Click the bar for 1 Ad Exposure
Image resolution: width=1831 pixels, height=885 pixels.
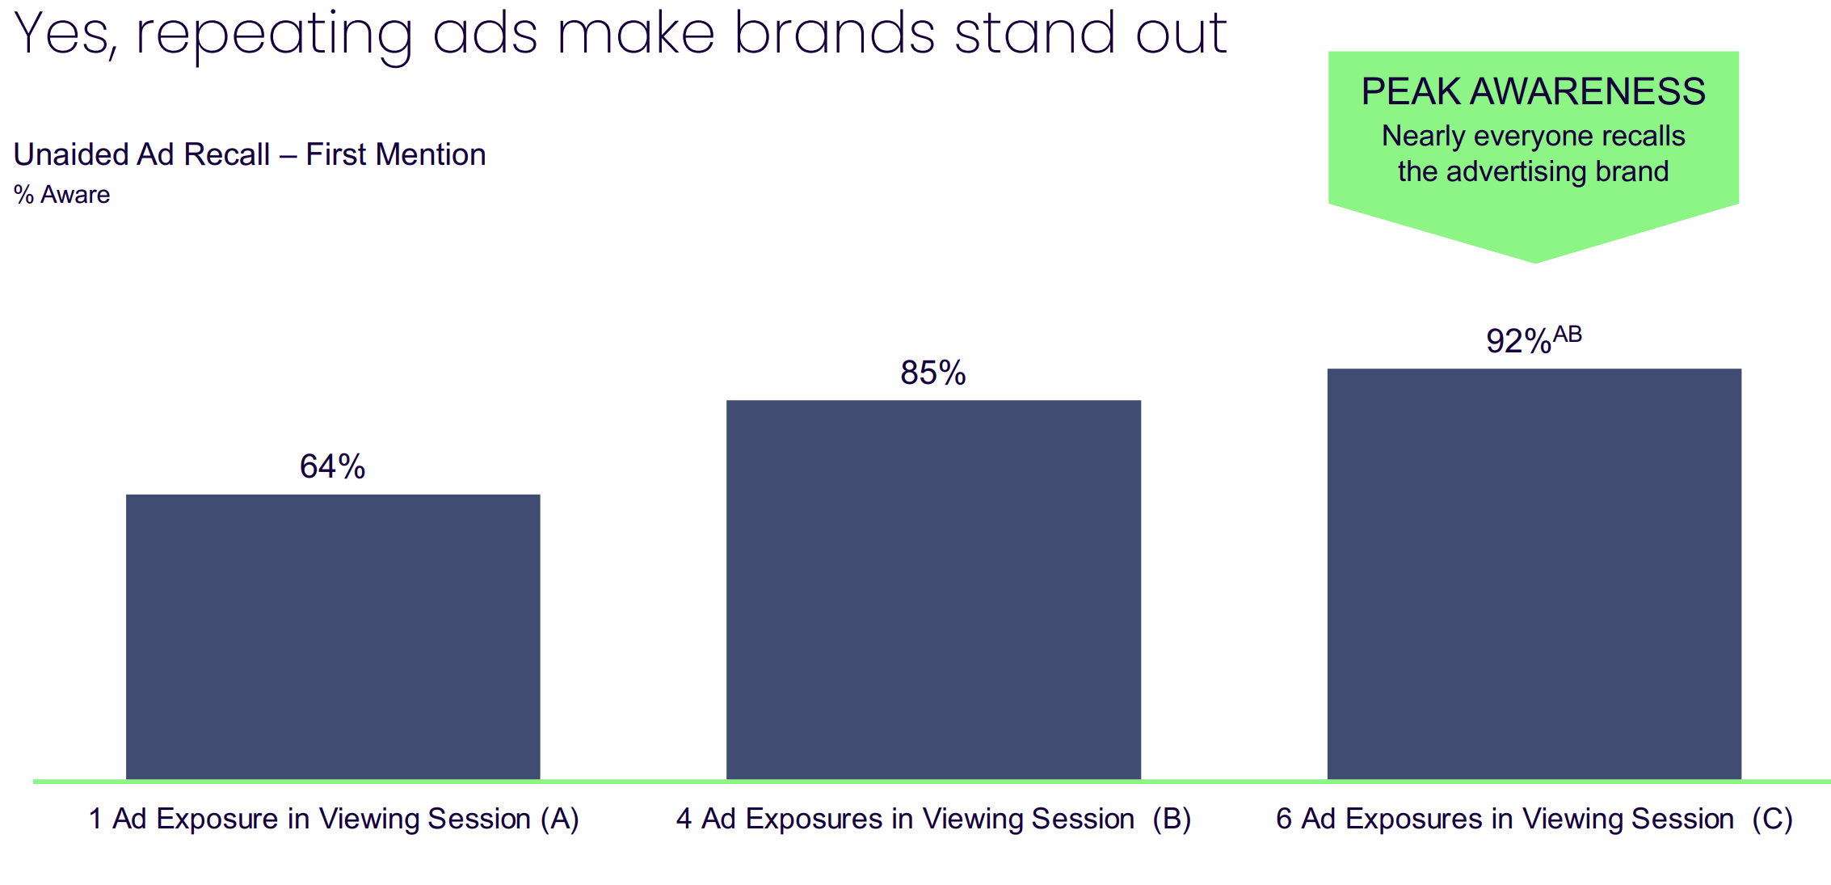[333, 637]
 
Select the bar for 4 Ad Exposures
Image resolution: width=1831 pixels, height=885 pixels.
[933, 590]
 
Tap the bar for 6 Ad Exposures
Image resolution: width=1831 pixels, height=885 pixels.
[1534, 574]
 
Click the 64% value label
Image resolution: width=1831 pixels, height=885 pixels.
[332, 466]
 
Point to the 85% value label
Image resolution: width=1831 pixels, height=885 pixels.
[933, 373]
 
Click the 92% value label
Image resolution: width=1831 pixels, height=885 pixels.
[1518, 341]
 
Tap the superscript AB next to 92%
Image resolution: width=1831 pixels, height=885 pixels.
[1568, 334]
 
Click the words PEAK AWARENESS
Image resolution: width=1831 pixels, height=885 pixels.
[1534, 91]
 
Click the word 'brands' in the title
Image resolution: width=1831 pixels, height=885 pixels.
[834, 32]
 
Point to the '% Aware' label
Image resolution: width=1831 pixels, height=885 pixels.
[61, 195]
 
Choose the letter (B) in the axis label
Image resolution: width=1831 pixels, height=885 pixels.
[1172, 819]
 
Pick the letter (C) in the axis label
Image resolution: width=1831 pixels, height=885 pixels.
[1773, 819]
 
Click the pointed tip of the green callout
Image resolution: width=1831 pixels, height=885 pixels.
[1535, 262]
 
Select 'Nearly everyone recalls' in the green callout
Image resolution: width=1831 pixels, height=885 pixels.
[1534, 137]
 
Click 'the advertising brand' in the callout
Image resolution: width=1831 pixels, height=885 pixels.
[1534, 171]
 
